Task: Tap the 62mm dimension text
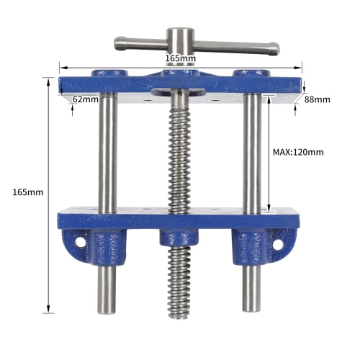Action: click(x=86, y=99)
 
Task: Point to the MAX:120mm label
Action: click(x=298, y=152)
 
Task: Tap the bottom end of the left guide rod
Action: click(x=107, y=310)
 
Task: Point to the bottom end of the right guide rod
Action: click(x=250, y=310)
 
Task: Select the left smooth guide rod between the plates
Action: click(x=107, y=155)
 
